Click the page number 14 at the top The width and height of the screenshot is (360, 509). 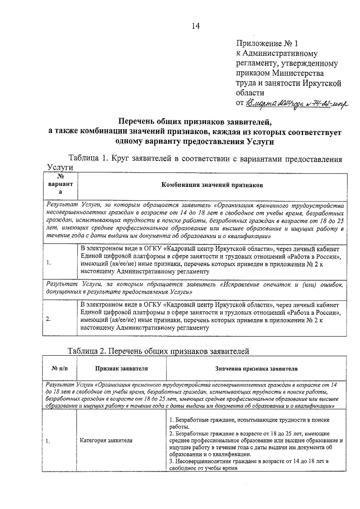[195, 26]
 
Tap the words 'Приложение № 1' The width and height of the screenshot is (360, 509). [267, 44]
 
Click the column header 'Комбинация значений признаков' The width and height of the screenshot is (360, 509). [212, 185]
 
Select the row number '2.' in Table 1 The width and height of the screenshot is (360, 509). [49, 319]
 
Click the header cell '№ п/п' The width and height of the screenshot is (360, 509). [60, 369]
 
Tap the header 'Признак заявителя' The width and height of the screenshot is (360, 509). [121, 369]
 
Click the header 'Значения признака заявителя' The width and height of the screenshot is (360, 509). [256, 369]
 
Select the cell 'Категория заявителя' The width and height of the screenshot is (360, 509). [106, 441]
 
